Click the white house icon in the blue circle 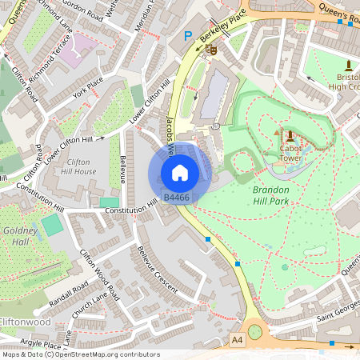(x=180, y=172)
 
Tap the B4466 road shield (x=176, y=197)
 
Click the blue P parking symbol (x=188, y=36)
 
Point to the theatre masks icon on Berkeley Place (x=211, y=50)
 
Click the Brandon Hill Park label (x=282, y=195)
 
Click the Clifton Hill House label (x=81, y=166)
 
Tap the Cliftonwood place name (x=24, y=322)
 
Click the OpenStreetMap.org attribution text (x=104, y=354)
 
